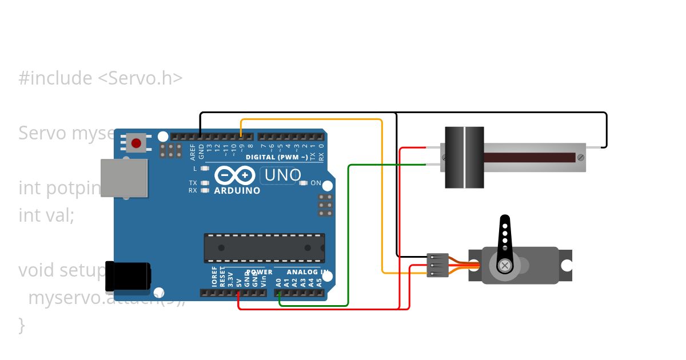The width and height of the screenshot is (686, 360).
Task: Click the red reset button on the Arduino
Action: [x=136, y=142]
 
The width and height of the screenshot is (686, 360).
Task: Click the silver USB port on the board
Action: [x=124, y=178]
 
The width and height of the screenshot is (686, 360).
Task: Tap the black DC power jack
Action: [x=128, y=276]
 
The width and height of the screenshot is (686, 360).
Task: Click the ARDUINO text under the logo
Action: [x=237, y=191]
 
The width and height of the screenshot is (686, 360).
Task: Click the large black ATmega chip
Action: [x=264, y=248]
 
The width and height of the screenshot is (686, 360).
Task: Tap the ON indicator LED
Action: [x=304, y=183]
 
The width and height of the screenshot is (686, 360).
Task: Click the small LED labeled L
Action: [x=204, y=169]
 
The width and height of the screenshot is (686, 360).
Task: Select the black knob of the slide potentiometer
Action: [x=464, y=158]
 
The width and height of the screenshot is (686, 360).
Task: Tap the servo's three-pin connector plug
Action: [x=438, y=265]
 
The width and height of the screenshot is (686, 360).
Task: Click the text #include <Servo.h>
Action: [x=101, y=78]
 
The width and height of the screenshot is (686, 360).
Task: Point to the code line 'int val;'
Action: [x=46, y=215]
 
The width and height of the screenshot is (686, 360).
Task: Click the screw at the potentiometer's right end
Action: [x=581, y=157]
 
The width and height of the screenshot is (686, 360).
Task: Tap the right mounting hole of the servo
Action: [x=567, y=265]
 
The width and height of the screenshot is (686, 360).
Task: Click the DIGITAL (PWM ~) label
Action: [x=277, y=157]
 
